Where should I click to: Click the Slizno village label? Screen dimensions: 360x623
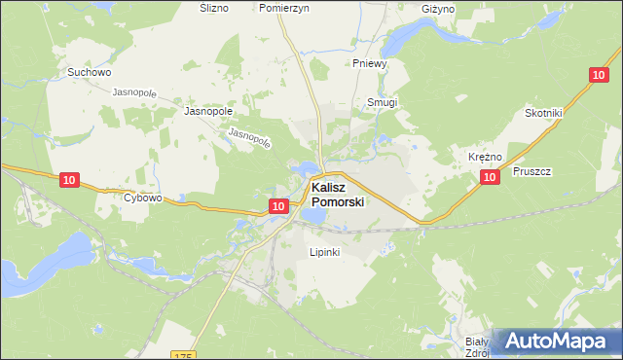point(213,7)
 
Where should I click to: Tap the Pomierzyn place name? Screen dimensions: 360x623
point(284,7)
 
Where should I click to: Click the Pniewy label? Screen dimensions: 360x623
point(371,63)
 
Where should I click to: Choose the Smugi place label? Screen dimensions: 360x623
point(383,102)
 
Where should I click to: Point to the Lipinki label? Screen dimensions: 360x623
point(323,252)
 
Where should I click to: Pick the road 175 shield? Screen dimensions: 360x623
point(183,355)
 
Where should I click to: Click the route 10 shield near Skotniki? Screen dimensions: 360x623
point(598,75)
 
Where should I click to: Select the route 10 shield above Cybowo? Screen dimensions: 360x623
point(68,180)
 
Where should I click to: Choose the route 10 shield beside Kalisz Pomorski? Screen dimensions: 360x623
point(278,206)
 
